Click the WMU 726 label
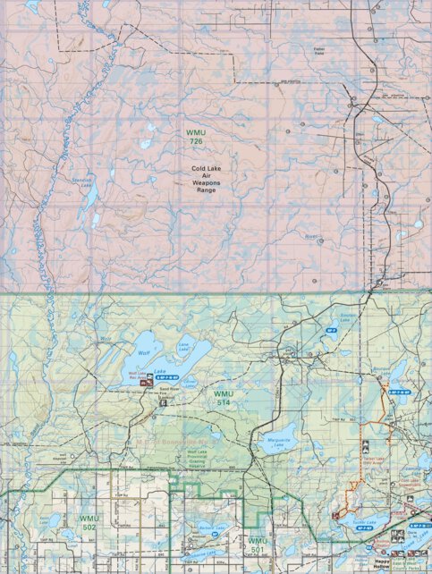[197, 138]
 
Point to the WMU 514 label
[224, 398]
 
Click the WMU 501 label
[258, 544]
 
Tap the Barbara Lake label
[212, 528]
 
